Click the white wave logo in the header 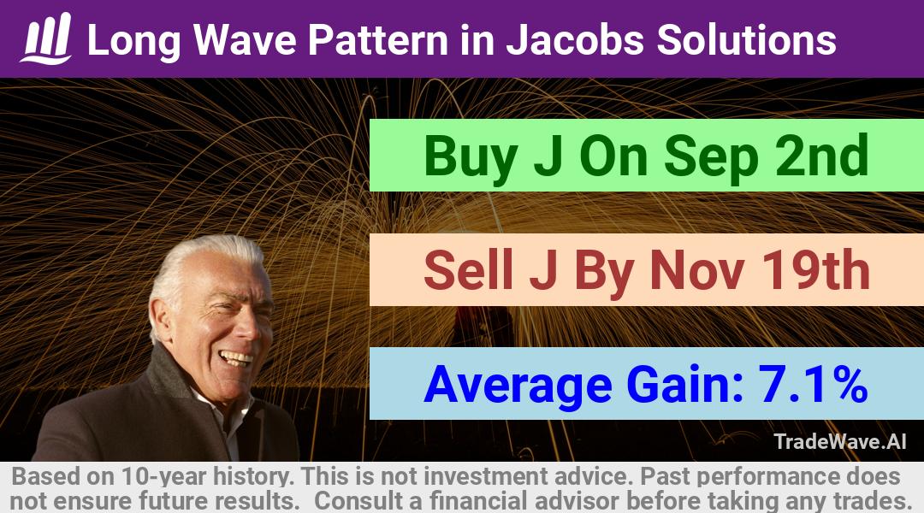pos(46,38)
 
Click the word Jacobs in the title pos(575,40)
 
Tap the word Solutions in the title pos(747,40)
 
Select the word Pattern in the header pos(378,40)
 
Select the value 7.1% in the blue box pos(813,384)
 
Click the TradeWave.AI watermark pos(840,441)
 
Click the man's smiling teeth pos(235,357)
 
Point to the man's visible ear pos(159,321)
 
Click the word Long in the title pos(133,41)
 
